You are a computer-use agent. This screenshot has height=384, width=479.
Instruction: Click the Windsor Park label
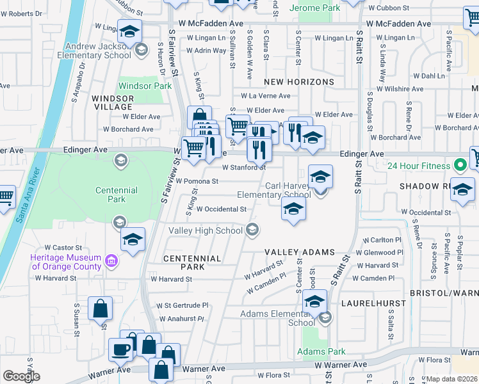point(145,85)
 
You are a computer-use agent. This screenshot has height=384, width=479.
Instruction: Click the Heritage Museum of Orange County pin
point(111,261)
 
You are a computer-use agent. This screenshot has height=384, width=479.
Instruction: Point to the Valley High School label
point(206,230)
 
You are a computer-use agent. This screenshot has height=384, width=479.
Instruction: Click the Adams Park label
point(321,351)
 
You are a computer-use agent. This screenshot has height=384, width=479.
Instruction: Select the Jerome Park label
point(314,8)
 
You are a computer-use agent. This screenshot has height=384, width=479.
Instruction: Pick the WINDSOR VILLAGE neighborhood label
point(113,102)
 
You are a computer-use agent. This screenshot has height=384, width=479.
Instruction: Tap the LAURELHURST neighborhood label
point(366,302)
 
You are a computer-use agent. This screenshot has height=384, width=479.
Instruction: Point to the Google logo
point(21,376)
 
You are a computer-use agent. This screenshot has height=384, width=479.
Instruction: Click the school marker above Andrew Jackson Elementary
point(130,31)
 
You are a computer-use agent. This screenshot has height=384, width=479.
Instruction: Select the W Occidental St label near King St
point(222,209)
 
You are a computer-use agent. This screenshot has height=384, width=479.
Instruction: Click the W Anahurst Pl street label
point(181,319)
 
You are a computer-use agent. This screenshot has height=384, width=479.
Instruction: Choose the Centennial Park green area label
point(117,195)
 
